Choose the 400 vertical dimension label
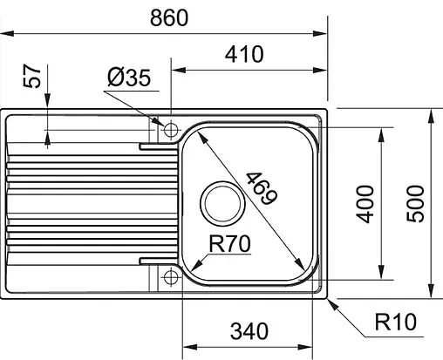tap(366, 204)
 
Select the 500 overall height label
tap(418, 204)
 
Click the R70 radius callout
tap(229, 246)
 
